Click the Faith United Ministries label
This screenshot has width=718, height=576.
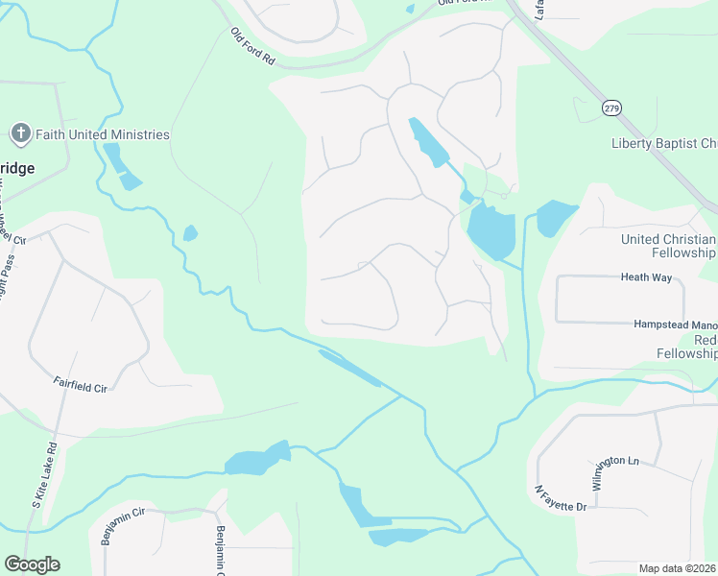(x=102, y=135)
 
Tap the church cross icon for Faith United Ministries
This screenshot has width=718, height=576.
(x=20, y=133)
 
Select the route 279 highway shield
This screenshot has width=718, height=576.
(x=610, y=108)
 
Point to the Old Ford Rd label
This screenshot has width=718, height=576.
(x=253, y=46)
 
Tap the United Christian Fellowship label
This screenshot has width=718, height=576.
(x=668, y=246)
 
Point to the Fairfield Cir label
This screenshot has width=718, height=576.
(x=80, y=386)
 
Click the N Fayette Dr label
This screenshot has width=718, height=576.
(x=560, y=498)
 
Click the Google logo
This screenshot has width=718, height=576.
(x=32, y=564)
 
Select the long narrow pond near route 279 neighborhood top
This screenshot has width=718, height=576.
(x=426, y=142)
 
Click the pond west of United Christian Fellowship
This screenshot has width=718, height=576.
(x=554, y=217)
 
